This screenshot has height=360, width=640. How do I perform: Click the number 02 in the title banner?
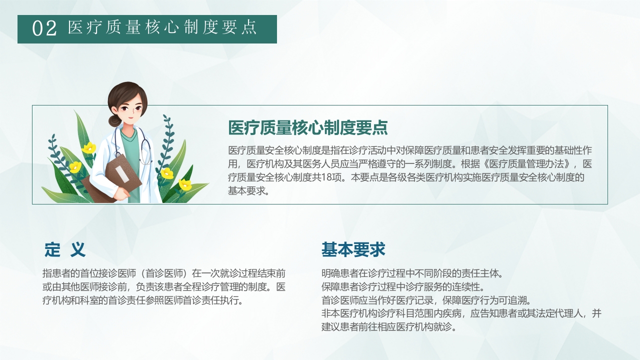pos(44,28)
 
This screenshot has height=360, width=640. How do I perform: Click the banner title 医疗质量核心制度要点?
pos(162,28)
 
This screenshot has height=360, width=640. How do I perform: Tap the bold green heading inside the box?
pos(308,128)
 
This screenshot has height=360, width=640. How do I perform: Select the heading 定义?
pos(65,249)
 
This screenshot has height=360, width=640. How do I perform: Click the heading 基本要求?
pos(353,249)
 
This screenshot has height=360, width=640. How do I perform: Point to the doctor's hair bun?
pos(115,120)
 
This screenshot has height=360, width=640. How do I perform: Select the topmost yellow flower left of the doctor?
pos(89,147)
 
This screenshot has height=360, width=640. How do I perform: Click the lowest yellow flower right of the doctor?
pos(185,185)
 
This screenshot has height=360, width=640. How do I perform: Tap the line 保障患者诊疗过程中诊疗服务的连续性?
pos(403,287)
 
